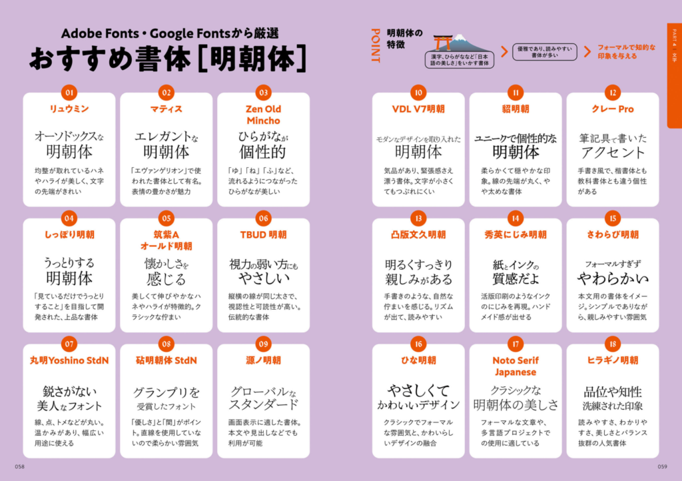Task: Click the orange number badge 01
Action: tap(69, 93)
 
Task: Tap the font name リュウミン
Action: tap(69, 109)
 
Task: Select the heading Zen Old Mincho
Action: tap(263, 115)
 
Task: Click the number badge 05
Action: tap(166, 219)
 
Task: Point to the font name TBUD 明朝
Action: tap(263, 235)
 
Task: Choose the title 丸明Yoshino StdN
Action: tap(69, 360)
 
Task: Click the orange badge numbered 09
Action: tap(263, 344)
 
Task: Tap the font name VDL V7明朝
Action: tap(418, 109)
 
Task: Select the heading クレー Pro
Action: tap(613, 109)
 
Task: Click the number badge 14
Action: tap(515, 219)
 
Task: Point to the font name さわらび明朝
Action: tap(613, 235)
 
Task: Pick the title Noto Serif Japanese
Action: tap(515, 366)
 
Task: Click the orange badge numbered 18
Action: tap(613, 344)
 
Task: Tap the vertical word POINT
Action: tap(376, 46)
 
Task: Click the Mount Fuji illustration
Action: tap(466, 43)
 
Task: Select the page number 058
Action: tap(19, 466)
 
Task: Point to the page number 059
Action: tap(662, 466)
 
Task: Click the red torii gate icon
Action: tap(443, 43)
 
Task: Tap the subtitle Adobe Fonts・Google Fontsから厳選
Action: tap(170, 33)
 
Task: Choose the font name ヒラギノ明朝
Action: tap(613, 360)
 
